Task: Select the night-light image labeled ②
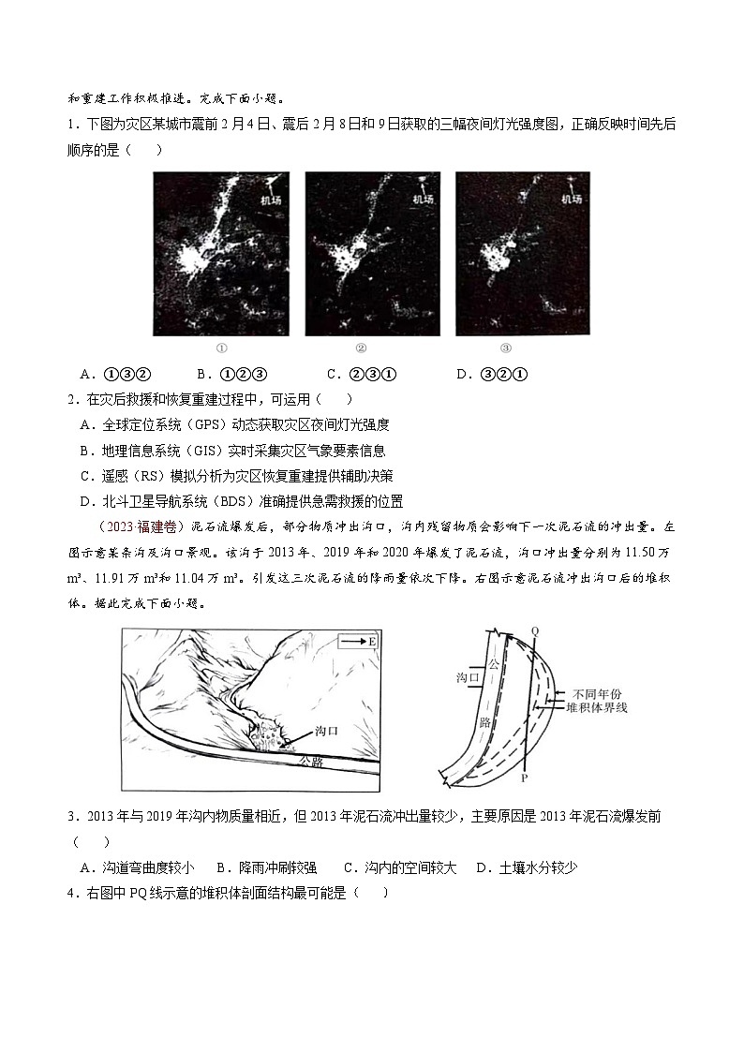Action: [x=372, y=253]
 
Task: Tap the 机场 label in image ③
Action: [x=571, y=199]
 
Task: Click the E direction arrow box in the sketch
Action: [x=358, y=642]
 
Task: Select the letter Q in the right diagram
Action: [x=535, y=630]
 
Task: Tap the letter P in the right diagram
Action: [x=525, y=778]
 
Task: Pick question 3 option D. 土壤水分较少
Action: [x=527, y=867]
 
